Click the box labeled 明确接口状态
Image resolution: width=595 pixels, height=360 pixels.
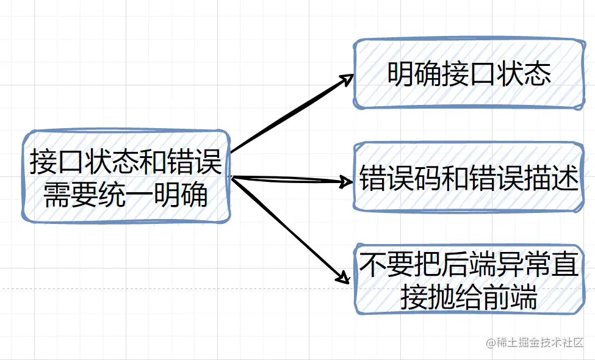coord(469,74)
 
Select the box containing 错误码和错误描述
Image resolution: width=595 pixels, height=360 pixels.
coord(469,178)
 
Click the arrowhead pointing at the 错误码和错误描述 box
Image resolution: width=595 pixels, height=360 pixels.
coord(348,182)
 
